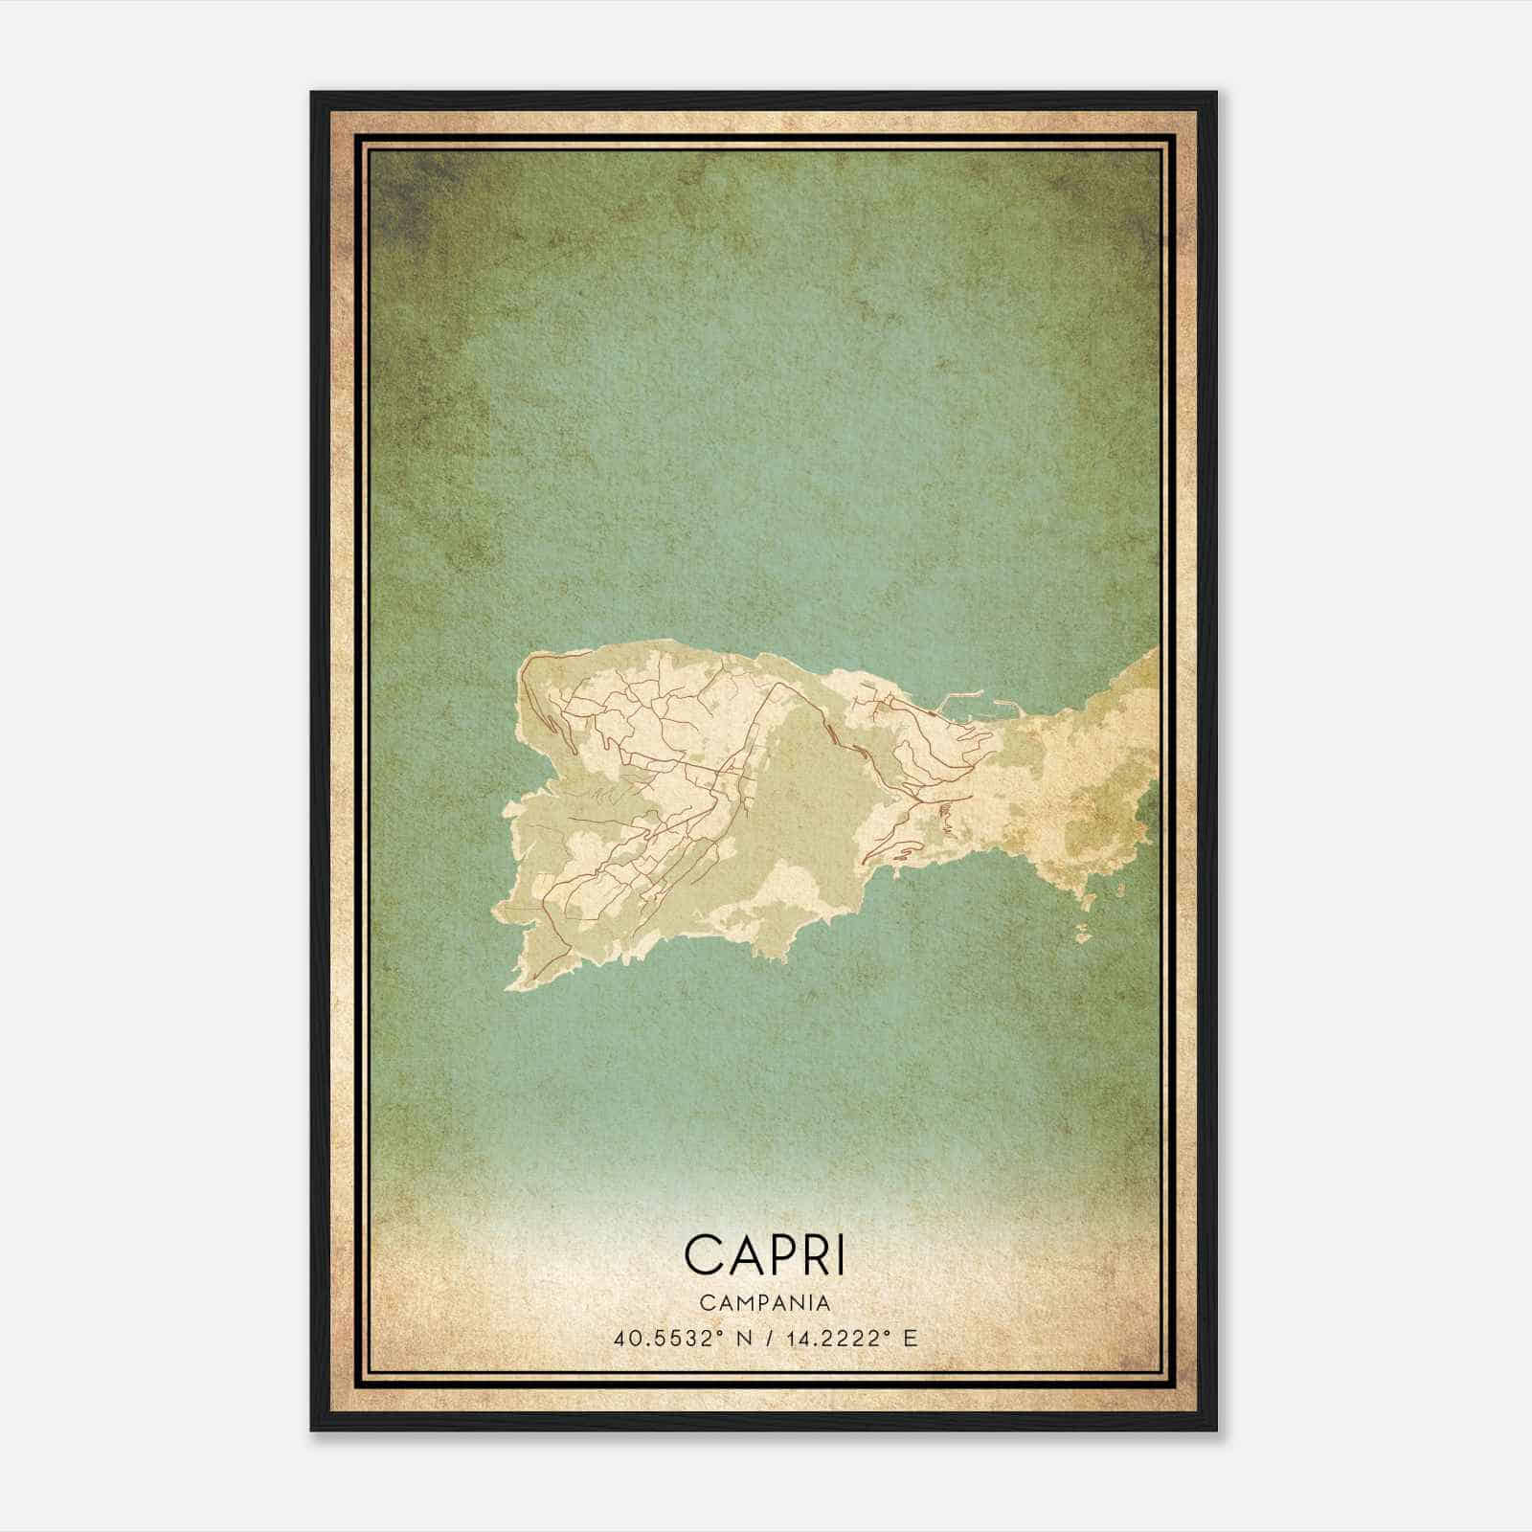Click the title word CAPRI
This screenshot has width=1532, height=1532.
[765, 1254]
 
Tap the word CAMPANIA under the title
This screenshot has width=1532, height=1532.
[765, 1302]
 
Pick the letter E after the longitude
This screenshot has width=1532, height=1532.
[911, 1338]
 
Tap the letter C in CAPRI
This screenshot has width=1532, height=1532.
[706, 1254]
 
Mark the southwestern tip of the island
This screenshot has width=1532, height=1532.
[512, 983]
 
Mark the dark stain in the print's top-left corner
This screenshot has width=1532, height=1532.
[402, 191]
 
